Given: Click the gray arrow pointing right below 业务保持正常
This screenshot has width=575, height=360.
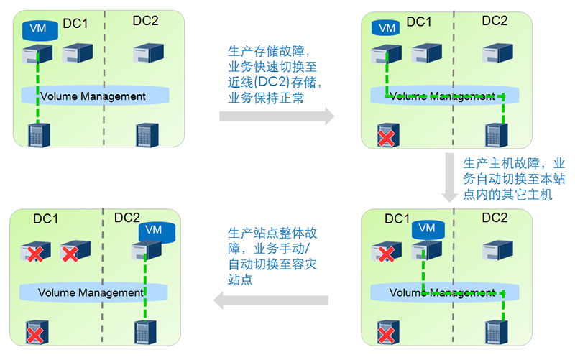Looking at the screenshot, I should pos(277,115).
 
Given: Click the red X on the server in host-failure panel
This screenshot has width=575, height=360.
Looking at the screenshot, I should pos(386,254).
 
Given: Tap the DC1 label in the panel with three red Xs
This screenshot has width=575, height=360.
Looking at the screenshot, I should pos(46,218).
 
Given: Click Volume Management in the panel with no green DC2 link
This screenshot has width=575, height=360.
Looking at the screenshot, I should pos(93,96).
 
